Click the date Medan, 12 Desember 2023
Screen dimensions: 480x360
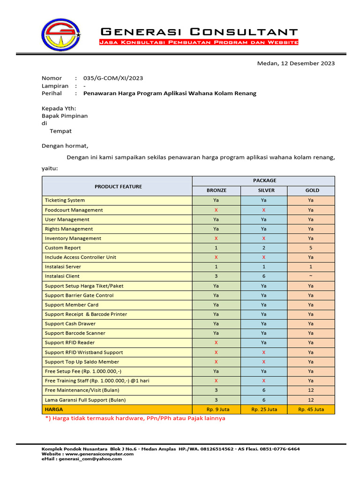point(296,63)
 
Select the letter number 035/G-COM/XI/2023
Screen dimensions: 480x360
point(113,78)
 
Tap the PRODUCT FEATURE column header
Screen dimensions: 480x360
point(118,187)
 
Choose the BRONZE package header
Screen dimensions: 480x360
point(216,190)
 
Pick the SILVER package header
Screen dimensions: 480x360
point(264,190)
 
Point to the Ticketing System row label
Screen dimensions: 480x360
point(65,200)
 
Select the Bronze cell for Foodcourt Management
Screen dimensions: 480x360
point(216,210)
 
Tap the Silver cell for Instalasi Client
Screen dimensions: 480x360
point(264,276)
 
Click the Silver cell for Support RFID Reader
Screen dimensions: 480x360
point(264,343)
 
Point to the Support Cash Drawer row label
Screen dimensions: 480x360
point(70,323)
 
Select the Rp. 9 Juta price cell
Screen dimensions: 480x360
point(216,409)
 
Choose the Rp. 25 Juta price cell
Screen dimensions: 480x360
point(264,409)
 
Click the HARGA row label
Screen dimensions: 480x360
point(54,409)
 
